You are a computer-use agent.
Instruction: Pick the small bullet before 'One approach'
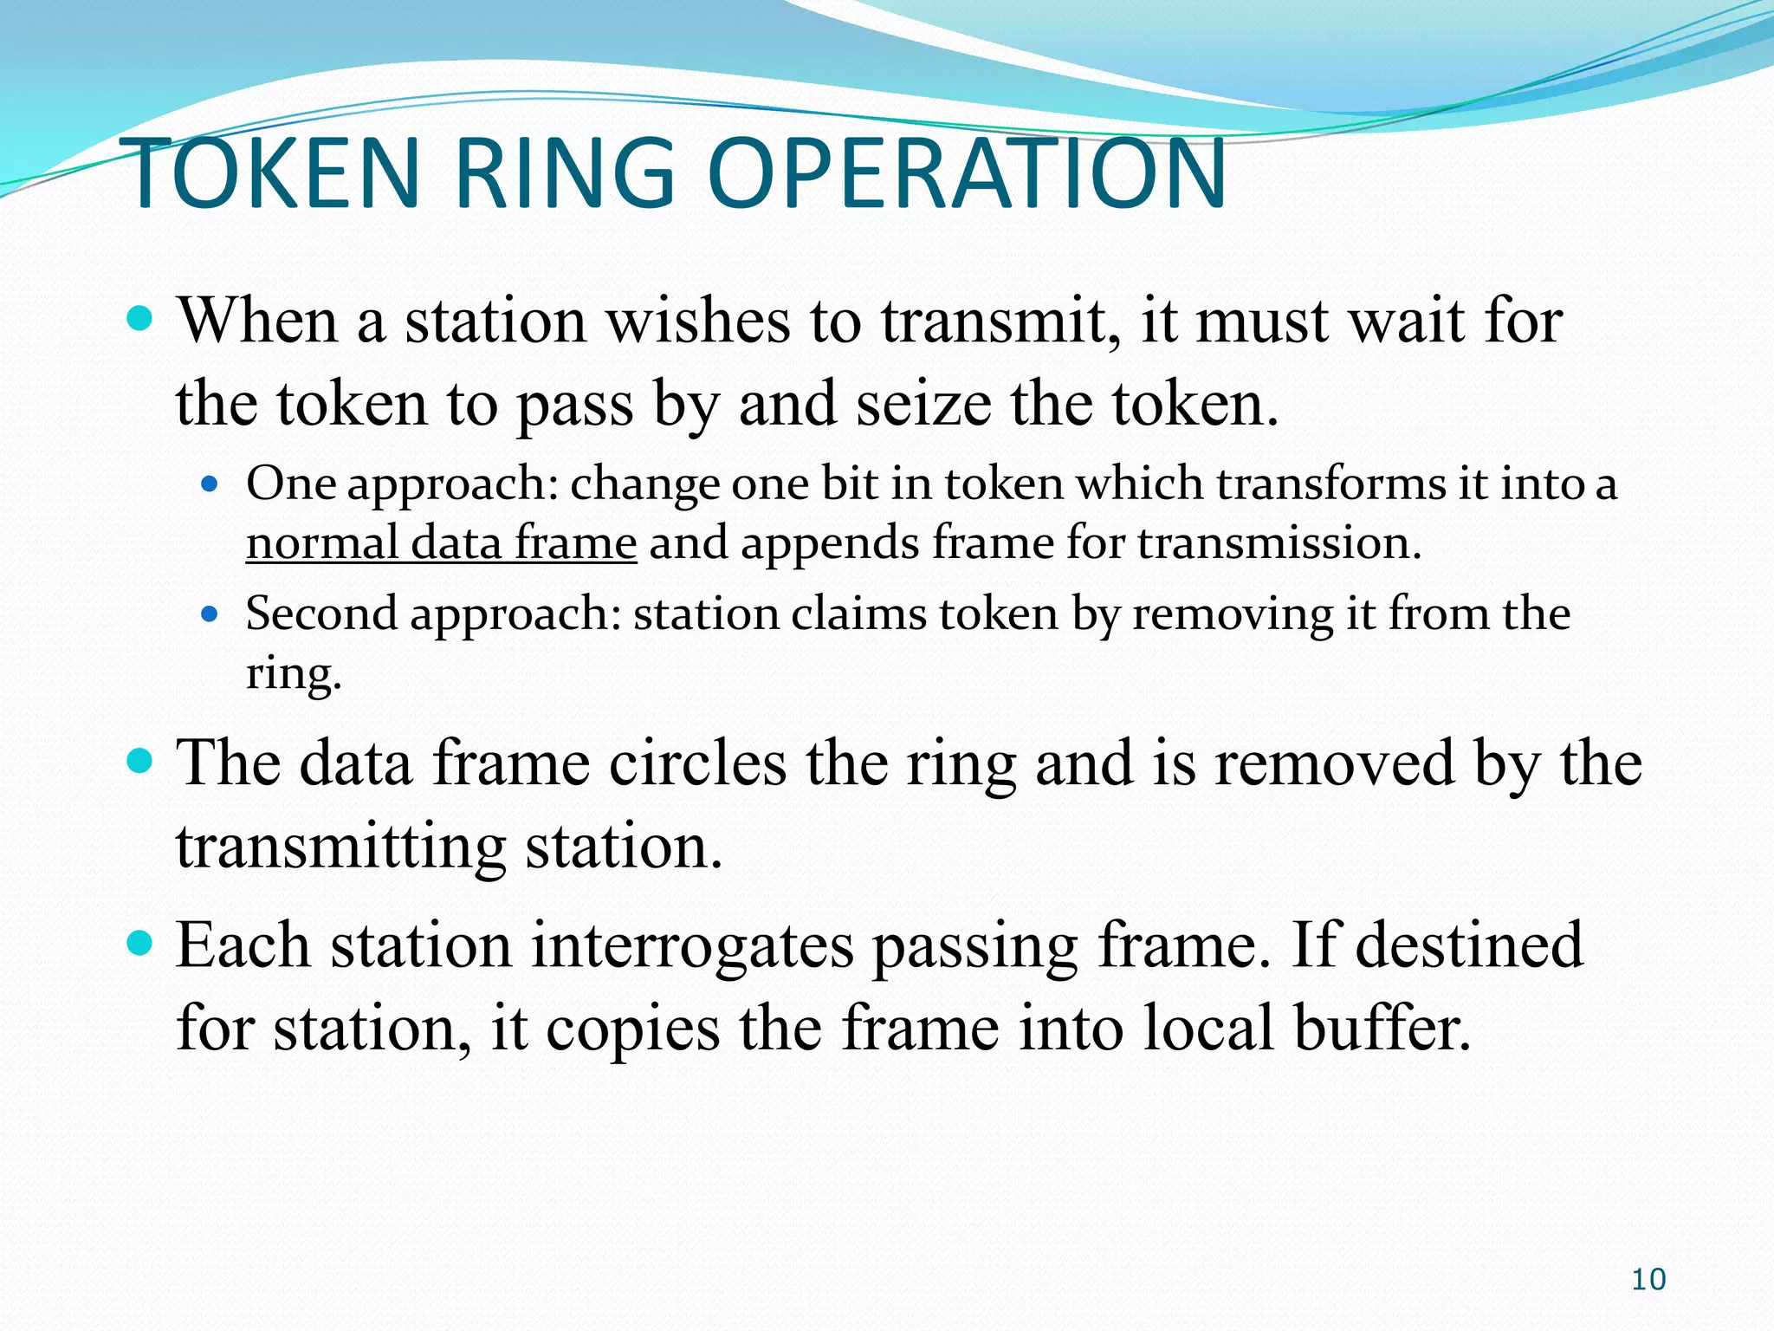(x=209, y=484)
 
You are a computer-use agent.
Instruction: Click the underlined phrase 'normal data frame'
(x=441, y=544)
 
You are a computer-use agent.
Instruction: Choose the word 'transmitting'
(x=340, y=847)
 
